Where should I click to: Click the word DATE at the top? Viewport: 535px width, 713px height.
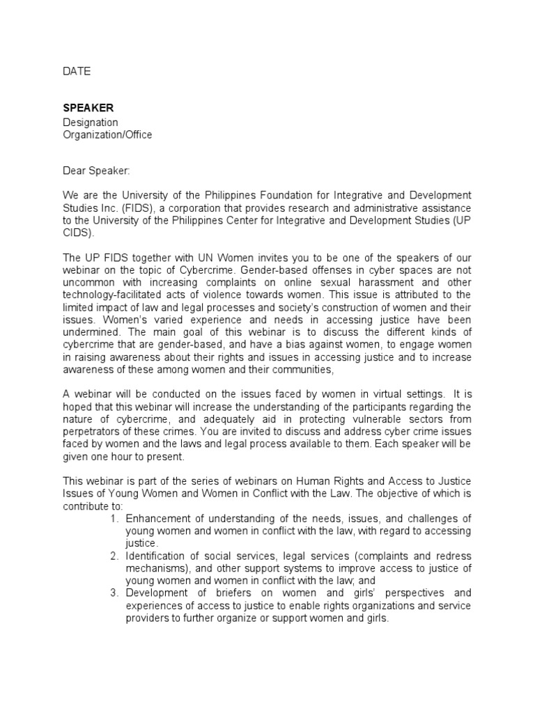point(77,71)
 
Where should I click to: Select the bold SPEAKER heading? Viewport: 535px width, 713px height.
point(88,108)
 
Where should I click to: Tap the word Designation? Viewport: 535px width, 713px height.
point(91,123)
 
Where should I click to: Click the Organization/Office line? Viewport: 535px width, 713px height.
point(107,135)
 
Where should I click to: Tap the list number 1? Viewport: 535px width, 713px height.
point(114,519)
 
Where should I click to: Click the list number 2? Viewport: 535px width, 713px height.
point(114,556)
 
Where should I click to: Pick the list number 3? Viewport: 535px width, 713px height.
point(114,593)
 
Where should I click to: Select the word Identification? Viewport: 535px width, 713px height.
point(157,556)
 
